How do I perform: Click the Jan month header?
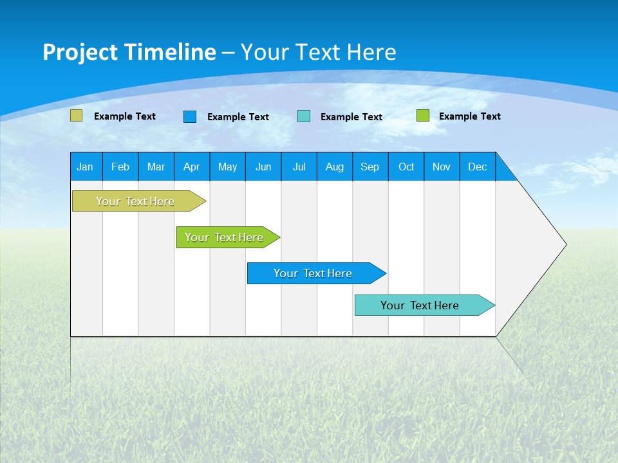click(85, 167)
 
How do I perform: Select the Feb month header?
click(120, 167)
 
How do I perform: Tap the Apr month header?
click(191, 167)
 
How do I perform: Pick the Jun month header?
click(263, 167)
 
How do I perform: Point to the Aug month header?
click(335, 167)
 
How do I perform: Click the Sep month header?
click(370, 167)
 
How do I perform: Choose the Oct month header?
click(406, 167)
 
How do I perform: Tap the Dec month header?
click(478, 167)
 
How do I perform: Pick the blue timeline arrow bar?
click(314, 273)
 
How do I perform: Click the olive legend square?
click(77, 116)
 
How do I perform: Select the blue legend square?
click(190, 116)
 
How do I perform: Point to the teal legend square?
click(304, 116)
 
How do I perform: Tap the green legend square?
click(422, 116)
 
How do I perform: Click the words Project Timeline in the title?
click(129, 52)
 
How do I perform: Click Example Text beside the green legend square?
click(470, 116)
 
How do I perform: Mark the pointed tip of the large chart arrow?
click(566, 244)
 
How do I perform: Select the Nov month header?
click(442, 167)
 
